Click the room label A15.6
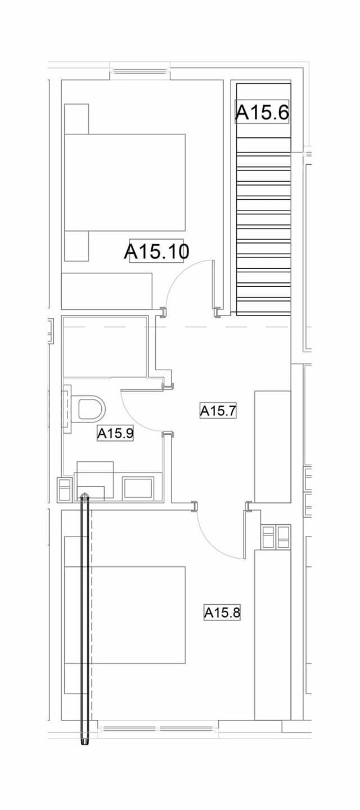[262, 112]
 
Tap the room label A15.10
[156, 251]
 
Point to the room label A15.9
[115, 433]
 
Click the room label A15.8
[222, 613]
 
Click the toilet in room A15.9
[90, 408]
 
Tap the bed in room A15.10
[125, 182]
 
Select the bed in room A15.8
[125, 615]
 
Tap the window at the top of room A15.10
[139, 71]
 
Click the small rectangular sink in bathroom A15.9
[138, 487]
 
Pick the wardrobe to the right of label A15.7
[273, 446]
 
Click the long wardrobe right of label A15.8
[273, 634]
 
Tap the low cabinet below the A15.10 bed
[107, 291]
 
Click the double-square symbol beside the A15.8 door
[276, 536]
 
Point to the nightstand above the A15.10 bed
[76, 118]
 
